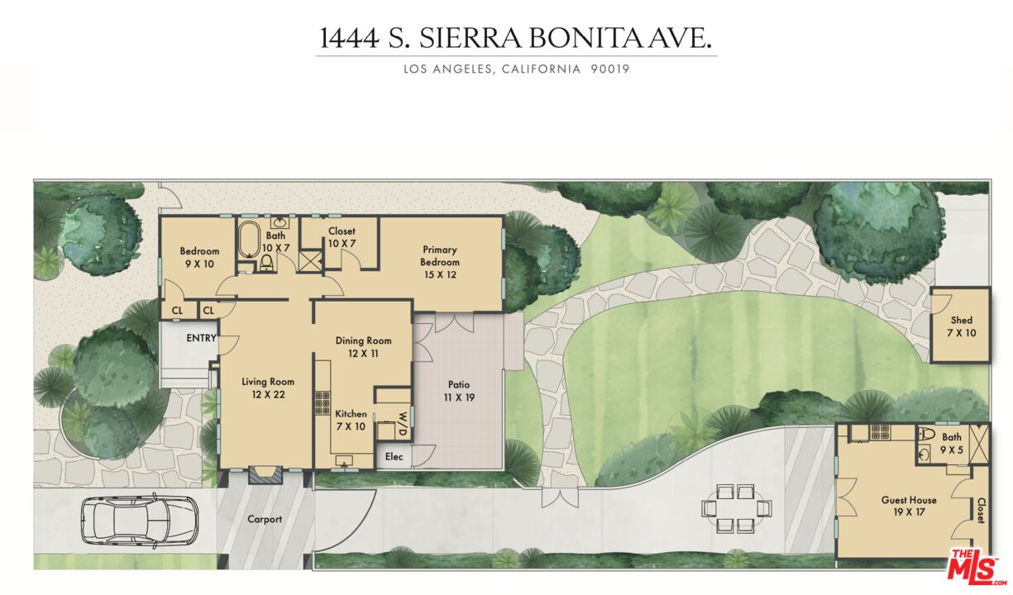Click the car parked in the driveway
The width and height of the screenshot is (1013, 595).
tap(139, 520)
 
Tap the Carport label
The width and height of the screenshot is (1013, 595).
tap(265, 520)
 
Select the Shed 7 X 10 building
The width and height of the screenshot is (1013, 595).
tap(961, 326)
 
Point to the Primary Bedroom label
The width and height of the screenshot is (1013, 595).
tap(440, 256)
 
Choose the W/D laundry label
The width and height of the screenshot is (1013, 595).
tap(403, 423)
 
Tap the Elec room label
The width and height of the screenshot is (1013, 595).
tap(394, 456)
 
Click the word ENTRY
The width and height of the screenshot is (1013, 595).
tap(201, 338)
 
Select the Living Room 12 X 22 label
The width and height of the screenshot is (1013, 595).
tap(268, 388)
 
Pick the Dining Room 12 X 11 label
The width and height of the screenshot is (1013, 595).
tap(363, 347)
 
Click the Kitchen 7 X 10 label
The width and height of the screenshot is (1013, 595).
tap(351, 420)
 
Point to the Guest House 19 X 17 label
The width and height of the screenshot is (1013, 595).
tap(909, 507)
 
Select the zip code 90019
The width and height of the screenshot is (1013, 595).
tap(610, 69)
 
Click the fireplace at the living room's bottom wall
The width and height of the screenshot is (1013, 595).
tap(266, 475)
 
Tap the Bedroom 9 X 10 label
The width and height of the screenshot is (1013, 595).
tap(199, 257)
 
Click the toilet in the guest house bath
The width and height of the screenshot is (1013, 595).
tap(927, 434)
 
